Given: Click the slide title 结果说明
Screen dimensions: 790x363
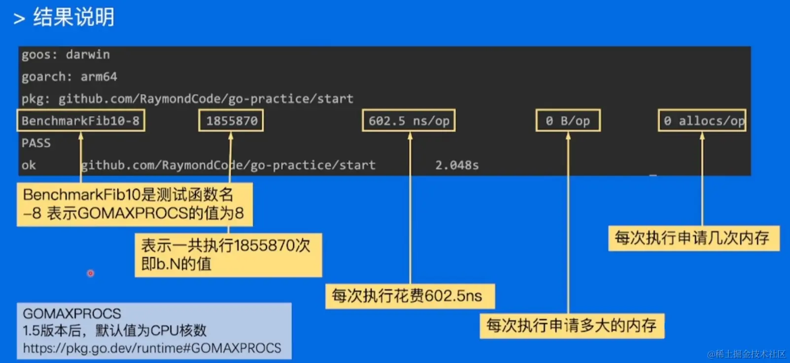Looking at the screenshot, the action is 74,17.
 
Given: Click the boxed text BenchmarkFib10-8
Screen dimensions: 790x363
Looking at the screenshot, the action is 81,121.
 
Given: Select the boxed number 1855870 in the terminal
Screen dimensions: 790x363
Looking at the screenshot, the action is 231,121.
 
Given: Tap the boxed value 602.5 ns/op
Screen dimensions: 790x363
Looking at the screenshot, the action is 409,121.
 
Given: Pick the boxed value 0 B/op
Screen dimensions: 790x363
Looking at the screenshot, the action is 568,121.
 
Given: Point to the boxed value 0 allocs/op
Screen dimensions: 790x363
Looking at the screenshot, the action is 702,121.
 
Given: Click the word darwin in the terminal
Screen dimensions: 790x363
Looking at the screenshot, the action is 88,54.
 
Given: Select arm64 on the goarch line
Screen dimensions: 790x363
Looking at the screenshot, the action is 99,76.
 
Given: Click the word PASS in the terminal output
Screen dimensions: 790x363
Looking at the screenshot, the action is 36,143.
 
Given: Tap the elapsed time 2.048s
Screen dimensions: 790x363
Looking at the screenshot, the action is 457,165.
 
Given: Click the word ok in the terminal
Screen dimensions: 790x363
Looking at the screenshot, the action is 29,165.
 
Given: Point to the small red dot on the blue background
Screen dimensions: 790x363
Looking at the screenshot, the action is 91,273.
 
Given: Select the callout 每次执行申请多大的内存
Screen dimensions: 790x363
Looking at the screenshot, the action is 572,325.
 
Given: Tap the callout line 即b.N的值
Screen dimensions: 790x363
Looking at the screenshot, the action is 176,264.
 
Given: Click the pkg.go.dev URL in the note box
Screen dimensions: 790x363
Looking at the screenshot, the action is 152,348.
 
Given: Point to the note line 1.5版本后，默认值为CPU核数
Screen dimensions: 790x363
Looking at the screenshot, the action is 114,330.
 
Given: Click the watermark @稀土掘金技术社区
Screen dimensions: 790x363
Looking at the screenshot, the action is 746,354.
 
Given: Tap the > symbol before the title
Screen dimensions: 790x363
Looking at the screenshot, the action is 19,19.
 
